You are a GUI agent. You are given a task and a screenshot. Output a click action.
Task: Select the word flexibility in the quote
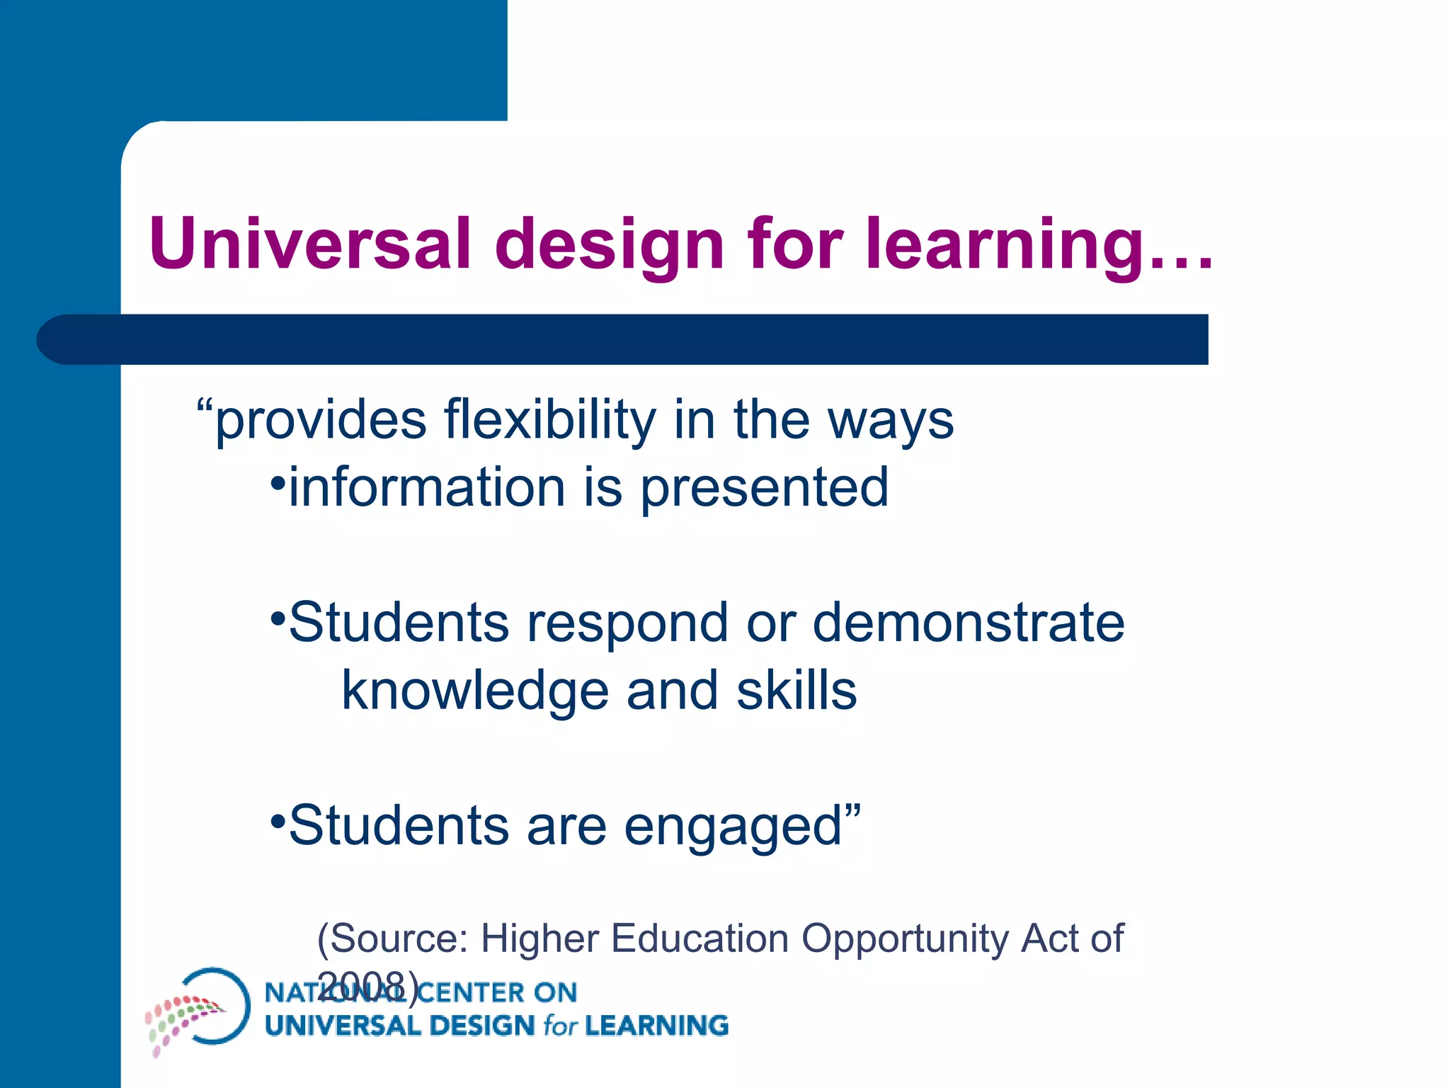click(549, 421)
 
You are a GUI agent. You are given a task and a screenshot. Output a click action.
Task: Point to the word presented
click(765, 489)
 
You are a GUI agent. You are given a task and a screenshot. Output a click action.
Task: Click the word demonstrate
click(968, 623)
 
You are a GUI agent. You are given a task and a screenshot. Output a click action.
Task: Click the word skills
click(797, 691)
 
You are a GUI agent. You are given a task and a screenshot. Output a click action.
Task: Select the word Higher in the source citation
click(541, 940)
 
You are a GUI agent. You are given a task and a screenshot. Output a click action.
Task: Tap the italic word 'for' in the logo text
click(559, 1026)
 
